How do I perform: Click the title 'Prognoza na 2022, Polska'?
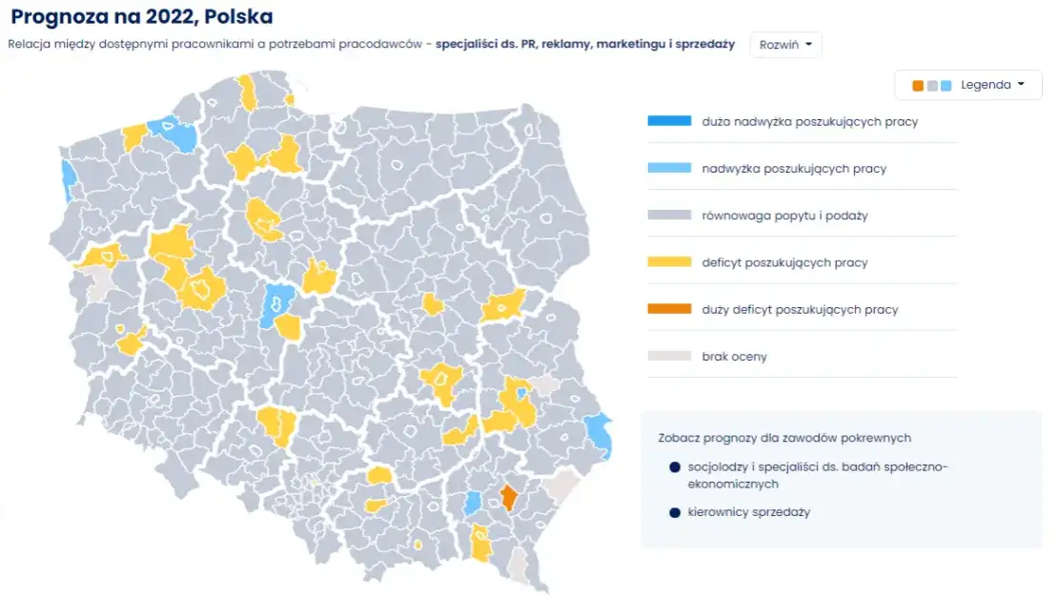[x=142, y=17]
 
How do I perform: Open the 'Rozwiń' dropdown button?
[x=785, y=45]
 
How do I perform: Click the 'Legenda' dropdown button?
[x=968, y=85]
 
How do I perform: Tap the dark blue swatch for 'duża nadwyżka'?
[x=669, y=122]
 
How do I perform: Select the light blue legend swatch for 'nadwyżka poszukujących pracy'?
[x=669, y=169]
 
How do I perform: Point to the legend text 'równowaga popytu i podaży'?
[x=784, y=216]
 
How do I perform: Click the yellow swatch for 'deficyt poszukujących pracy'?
[x=669, y=262]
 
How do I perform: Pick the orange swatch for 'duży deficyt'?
[x=669, y=309]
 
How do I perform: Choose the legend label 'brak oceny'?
[x=734, y=357]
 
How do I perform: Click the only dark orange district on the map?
[x=509, y=496]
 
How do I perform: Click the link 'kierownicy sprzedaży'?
[x=748, y=512]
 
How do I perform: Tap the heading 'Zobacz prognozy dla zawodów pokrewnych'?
[x=784, y=438]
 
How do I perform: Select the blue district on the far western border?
[x=68, y=180]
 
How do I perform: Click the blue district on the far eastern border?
[x=600, y=433]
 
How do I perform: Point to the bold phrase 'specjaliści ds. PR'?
[x=479, y=44]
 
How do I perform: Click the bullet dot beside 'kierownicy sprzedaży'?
[x=674, y=512]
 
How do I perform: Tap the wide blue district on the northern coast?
[x=178, y=134]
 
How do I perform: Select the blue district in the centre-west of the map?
[x=277, y=302]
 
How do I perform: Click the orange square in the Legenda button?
[x=918, y=86]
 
